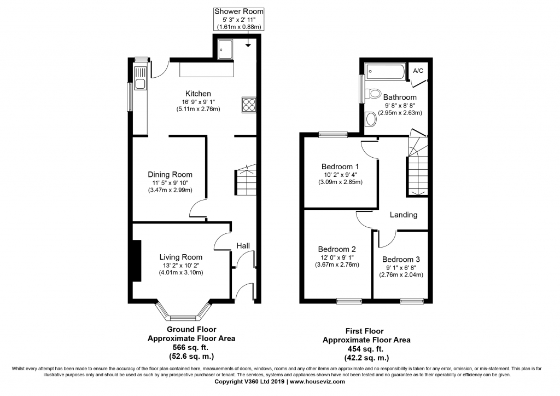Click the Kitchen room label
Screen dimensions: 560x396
coord(198,94)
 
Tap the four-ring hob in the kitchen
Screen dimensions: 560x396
coord(249,105)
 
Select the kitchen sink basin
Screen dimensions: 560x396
coord(140,84)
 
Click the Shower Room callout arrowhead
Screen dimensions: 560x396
coord(248,45)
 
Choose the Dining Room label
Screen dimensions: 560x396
coord(170,175)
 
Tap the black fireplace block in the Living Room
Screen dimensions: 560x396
coord(137,261)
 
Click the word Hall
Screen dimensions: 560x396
coord(243,246)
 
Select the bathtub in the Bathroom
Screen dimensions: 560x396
coord(386,72)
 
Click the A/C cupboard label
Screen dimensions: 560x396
coord(418,71)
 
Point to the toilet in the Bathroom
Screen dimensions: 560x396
coord(372,94)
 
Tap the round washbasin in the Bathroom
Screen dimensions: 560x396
coord(371,119)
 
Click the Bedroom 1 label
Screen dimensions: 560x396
coord(340,167)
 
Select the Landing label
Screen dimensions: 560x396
coord(404,215)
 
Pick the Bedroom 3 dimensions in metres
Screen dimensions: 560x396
coord(401,275)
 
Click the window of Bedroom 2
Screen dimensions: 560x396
coord(349,302)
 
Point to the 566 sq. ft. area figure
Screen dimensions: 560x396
coord(190,347)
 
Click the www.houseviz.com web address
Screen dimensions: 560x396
coord(318,381)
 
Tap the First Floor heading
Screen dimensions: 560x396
coord(364,331)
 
